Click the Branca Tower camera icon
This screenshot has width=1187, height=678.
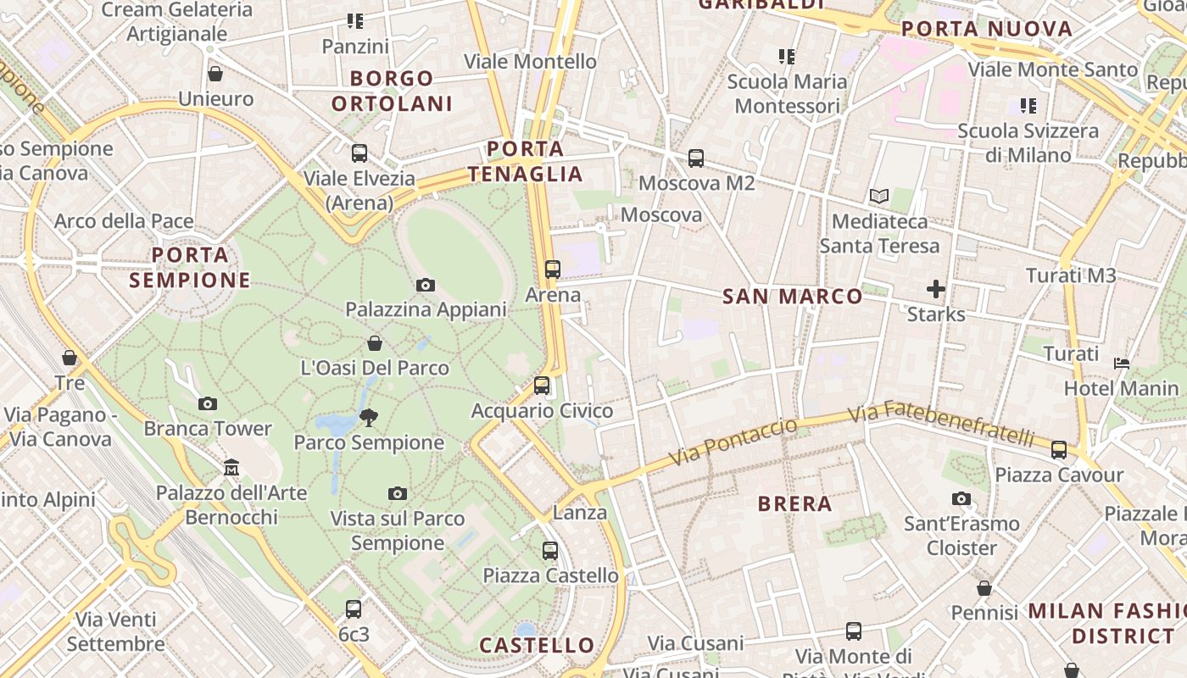pos(208,404)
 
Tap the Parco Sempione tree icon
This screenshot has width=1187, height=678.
pos(368,417)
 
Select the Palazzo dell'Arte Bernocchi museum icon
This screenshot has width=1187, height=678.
pos(231,467)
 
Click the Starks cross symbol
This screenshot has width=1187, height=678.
pos(936,290)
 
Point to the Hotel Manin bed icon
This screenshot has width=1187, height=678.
pos(1122,364)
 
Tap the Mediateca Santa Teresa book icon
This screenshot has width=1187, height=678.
pos(879,197)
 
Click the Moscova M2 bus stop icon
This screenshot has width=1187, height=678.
pos(696,158)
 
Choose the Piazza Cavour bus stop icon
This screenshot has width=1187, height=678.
pos(1059,450)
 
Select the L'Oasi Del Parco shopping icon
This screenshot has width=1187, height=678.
pos(375,343)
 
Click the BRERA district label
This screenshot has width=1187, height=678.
pos(794,504)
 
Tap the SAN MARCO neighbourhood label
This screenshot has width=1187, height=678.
pos(793,297)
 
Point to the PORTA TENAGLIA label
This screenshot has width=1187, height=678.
pos(526,162)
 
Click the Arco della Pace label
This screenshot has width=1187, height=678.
pos(124,222)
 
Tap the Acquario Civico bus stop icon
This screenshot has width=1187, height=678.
pos(542,386)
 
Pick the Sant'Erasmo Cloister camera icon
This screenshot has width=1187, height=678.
pos(961,499)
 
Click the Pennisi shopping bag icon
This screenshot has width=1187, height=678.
pos(984,588)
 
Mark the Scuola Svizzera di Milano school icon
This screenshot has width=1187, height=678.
pos(1028,106)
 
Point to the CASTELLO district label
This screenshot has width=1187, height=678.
pos(538,646)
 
